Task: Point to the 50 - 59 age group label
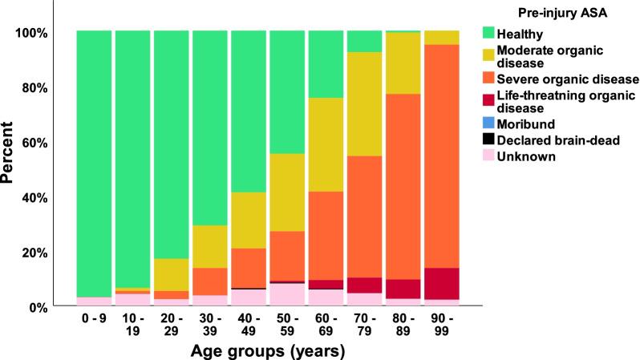click(286, 326)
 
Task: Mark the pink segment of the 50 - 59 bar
click(286, 294)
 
